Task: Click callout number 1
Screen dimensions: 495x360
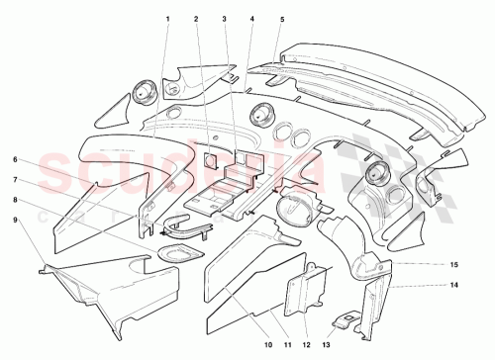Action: [x=168, y=20]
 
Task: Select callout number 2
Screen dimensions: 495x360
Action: [x=196, y=20]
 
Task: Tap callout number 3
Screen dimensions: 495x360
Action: [x=225, y=20]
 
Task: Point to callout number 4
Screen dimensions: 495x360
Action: [x=252, y=20]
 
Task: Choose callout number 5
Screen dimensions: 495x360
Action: [x=281, y=20]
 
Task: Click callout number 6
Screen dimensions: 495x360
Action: [x=16, y=159]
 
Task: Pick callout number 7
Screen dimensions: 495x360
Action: [x=16, y=180]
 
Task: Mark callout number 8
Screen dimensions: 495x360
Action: [x=16, y=201]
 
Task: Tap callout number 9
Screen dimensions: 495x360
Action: [x=16, y=221]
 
